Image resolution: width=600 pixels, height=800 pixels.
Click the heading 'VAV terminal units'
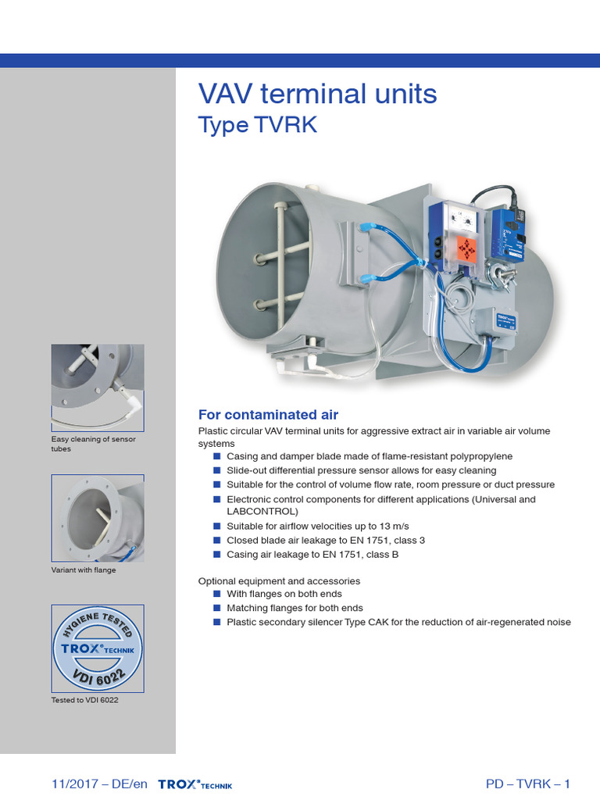click(317, 94)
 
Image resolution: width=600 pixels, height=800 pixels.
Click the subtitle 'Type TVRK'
click(257, 125)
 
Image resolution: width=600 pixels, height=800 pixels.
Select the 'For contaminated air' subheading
click(268, 415)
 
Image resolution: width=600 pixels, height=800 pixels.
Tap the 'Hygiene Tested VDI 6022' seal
click(98, 648)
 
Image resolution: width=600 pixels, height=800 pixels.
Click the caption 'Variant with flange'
click(84, 570)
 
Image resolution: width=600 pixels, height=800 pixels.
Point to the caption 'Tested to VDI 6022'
click(84, 699)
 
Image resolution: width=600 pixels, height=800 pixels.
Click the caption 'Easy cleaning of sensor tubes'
click(93, 444)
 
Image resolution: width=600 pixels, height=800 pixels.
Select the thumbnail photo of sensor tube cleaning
click(98, 387)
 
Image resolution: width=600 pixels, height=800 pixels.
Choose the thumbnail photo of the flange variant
click(98, 517)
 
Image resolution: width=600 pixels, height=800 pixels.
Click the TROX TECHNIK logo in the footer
click(195, 784)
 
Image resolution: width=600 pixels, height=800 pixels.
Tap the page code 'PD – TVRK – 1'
click(528, 784)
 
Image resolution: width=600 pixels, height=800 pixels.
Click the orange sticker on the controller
click(466, 249)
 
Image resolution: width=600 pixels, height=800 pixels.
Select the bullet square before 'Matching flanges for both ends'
click(217, 608)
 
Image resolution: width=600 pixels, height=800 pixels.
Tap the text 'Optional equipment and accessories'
click(279, 581)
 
